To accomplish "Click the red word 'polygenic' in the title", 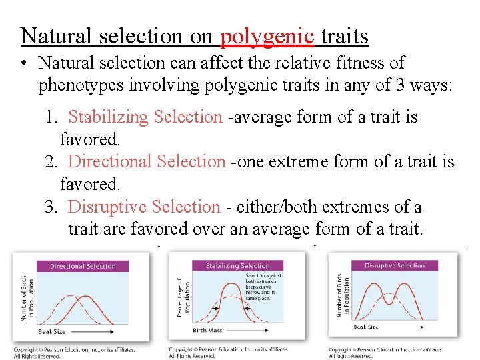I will (x=267, y=36).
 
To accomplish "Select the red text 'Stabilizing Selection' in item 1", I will (x=145, y=117).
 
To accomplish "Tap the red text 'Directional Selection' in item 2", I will (x=147, y=162).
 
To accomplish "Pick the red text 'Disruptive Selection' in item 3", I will (x=143, y=207).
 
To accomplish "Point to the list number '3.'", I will (x=52, y=207).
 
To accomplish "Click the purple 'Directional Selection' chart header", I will (x=83, y=266).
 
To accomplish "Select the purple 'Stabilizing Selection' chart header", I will (x=238, y=265).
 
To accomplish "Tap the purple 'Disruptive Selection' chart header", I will (x=394, y=265).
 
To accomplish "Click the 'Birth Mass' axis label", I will (x=208, y=329).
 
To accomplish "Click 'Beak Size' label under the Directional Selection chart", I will (x=52, y=331).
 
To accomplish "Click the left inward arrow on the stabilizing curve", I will (x=215, y=307).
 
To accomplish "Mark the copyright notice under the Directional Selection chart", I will (x=74, y=352).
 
